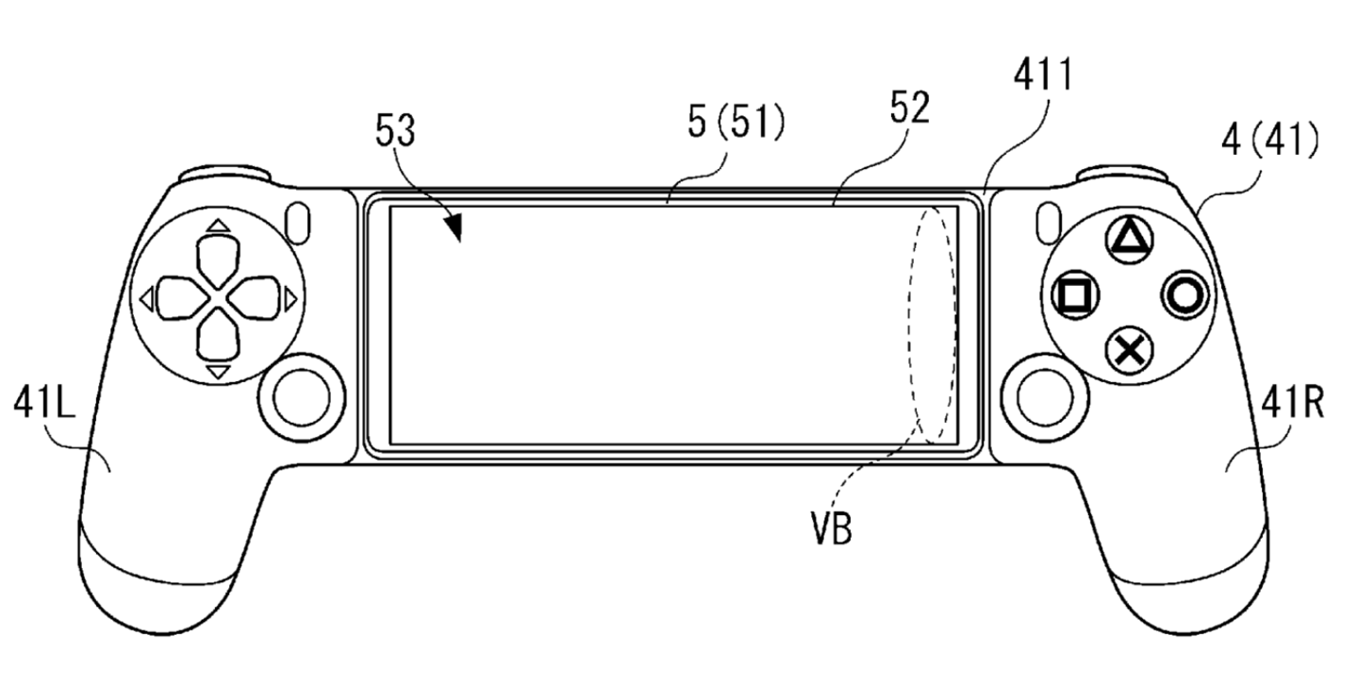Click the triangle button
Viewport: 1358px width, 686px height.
[1128, 240]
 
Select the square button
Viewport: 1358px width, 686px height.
[1072, 296]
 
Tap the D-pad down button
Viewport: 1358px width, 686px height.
[218, 341]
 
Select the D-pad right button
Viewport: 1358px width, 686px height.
[260, 299]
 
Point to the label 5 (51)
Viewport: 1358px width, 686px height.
[737, 125]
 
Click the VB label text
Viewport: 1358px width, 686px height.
[832, 529]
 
